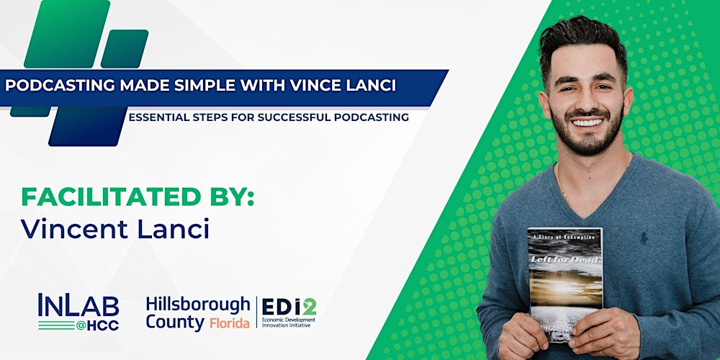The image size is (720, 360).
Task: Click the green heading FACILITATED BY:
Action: point(138,197)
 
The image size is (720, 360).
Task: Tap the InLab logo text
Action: point(78,305)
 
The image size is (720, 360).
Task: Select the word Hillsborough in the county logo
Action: point(197,304)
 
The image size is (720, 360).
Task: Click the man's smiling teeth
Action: point(589,122)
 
